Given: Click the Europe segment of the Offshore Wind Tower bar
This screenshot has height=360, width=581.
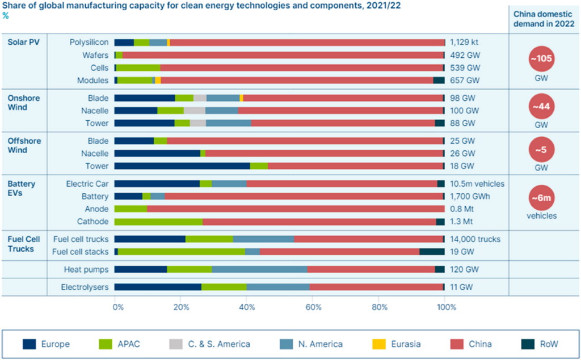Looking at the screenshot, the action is point(182,166).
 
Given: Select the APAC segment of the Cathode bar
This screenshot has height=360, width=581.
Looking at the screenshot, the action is point(158,222).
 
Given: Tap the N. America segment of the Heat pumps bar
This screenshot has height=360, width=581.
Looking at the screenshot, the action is point(259,269).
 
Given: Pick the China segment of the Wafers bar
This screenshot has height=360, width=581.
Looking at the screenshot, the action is point(283,55).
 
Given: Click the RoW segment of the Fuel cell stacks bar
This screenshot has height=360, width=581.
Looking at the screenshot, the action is point(432,252).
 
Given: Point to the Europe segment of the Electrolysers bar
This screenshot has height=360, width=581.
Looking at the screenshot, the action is point(158,287).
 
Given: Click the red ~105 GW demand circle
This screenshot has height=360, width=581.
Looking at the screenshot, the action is point(541,58).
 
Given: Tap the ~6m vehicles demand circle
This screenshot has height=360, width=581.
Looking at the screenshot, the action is point(541,198).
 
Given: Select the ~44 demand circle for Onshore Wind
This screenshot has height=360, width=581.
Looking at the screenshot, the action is point(541,107).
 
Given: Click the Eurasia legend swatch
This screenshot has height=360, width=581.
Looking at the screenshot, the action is point(379,344).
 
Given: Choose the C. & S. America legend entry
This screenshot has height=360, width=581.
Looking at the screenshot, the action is point(209,344).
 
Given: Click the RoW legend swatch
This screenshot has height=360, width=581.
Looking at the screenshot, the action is point(528,344).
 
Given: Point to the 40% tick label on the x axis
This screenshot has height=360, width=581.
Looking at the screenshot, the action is point(247,307).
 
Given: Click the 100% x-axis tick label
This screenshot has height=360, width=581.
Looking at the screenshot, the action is point(447,307).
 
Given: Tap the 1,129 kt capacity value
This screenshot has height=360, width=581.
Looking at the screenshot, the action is point(464,42).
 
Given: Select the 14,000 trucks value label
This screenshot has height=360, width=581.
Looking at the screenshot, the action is point(475,239).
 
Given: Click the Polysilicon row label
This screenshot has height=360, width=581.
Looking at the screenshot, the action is point(89,42).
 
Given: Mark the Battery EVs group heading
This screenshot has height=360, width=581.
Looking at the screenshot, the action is point(21,189).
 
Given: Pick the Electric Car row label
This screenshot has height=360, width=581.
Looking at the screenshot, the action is point(87,184).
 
